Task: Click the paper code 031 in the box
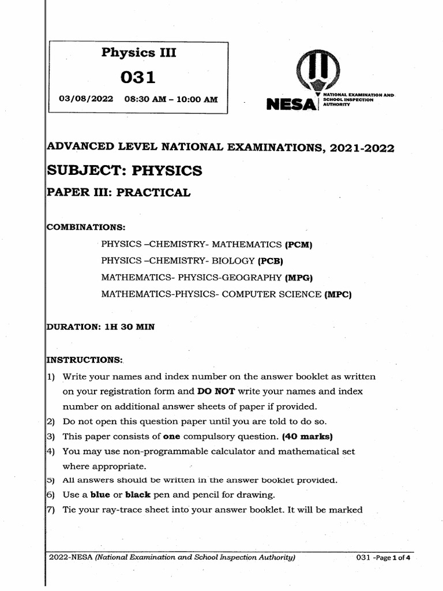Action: click(138, 77)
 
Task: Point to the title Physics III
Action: click(138, 53)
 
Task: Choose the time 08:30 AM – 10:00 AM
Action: click(171, 99)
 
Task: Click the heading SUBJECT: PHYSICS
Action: click(124, 170)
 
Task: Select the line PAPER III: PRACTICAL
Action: click(118, 193)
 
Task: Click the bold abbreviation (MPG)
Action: click(299, 278)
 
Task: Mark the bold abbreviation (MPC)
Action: click(337, 295)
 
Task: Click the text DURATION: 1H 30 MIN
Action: click(100, 327)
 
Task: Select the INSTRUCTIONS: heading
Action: click(84, 360)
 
